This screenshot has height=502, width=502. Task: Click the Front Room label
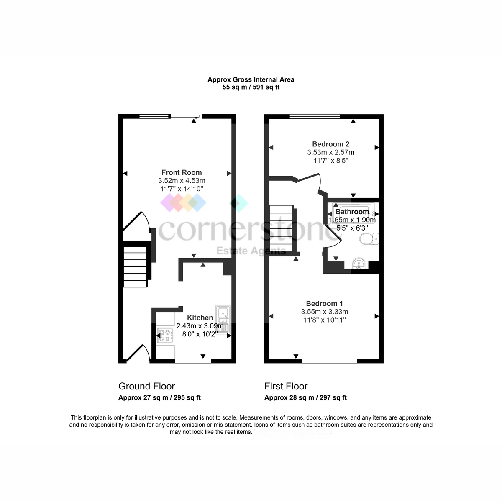[182, 172]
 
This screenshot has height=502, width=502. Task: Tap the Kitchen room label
[200, 318]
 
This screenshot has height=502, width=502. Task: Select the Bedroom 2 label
[330, 144]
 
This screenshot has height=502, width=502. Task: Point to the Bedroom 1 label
[324, 303]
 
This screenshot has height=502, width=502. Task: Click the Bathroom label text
[352, 212]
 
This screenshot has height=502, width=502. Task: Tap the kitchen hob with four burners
[165, 336]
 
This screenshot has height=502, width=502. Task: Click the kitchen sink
[223, 320]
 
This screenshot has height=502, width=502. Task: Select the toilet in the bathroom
[369, 239]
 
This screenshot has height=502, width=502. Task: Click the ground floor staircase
[135, 266]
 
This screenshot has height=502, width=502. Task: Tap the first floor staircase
[281, 228]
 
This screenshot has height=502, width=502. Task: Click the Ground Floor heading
[147, 386]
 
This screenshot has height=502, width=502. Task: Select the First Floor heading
[286, 386]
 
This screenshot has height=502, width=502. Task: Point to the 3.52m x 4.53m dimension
[182, 181]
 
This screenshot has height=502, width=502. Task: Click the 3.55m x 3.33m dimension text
[325, 312]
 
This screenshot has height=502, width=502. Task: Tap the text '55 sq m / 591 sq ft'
[251, 87]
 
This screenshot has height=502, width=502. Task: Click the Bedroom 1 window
[330, 361]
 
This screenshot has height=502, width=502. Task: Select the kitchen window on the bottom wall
[193, 361]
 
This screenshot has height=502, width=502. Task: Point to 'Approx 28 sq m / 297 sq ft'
[305, 397]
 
